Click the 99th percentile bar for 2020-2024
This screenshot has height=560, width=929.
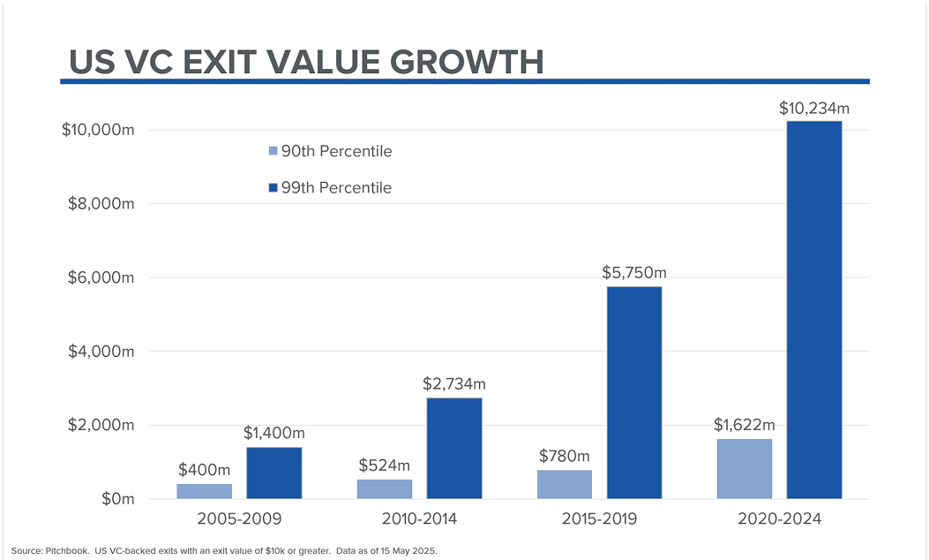[813, 309]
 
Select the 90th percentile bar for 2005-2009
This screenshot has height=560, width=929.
[204, 491]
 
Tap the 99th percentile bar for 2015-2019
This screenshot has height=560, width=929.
[633, 392]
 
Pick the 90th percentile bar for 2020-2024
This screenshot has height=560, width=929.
[744, 468]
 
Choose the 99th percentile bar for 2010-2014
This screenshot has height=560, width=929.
[453, 448]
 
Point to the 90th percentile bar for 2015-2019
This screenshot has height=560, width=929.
[564, 484]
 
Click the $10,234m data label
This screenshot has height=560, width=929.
[813, 109]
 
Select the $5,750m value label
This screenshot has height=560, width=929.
[633, 274]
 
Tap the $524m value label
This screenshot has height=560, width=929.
[384, 465]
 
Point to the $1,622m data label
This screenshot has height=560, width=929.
[744, 425]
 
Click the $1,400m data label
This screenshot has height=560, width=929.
[273, 434]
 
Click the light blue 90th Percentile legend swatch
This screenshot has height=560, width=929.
[273, 152]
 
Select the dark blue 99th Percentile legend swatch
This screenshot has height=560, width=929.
[273, 188]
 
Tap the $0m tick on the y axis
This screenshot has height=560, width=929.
[116, 499]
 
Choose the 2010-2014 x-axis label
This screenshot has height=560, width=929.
[419, 519]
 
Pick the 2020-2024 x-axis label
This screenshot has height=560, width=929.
[778, 519]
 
